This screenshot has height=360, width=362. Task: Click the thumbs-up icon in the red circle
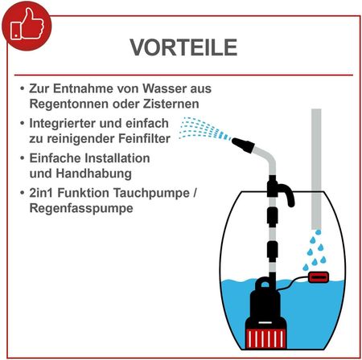(27, 24)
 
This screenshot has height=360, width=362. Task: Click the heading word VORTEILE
(183, 47)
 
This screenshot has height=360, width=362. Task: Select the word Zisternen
(171, 104)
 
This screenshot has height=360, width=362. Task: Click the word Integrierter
(62, 124)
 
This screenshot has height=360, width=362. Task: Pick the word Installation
(117, 158)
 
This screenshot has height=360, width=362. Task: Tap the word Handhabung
(94, 174)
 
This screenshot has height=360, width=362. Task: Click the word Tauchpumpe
(151, 193)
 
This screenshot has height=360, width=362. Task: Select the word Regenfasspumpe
(81, 208)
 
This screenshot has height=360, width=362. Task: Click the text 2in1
(42, 193)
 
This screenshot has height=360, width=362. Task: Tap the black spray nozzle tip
(243, 145)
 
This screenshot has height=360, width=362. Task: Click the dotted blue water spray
(204, 129)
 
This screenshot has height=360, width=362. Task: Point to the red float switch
(319, 277)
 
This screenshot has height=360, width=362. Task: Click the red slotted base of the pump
(265, 338)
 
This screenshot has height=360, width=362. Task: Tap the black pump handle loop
(265, 284)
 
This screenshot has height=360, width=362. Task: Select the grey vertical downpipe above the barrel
(316, 169)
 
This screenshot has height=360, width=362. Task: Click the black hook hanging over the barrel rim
(286, 194)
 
